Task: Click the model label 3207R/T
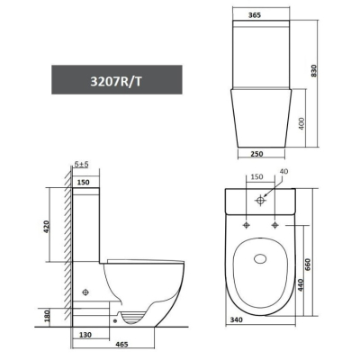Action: pos(116,82)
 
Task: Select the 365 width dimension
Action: pos(255,15)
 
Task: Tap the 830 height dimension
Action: pos(314,71)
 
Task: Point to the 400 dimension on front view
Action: pos(301,123)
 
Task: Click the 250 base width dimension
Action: pos(256,154)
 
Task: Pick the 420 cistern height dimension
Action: pos(46,227)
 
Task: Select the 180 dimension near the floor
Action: pos(47,316)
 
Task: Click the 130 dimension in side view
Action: pos(85,335)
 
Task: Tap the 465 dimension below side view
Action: pos(121,344)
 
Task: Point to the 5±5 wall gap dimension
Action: pos(81,165)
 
